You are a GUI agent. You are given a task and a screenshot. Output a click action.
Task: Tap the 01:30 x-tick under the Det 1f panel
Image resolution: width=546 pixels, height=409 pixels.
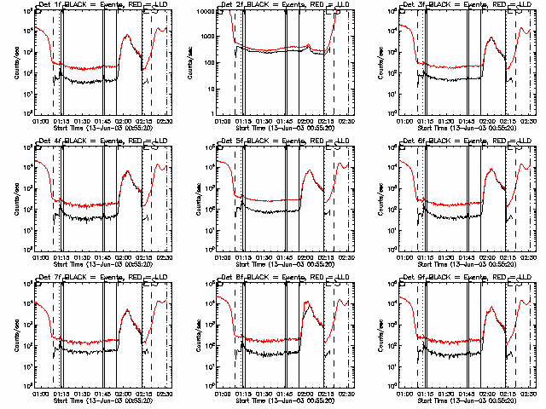point(84,121)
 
